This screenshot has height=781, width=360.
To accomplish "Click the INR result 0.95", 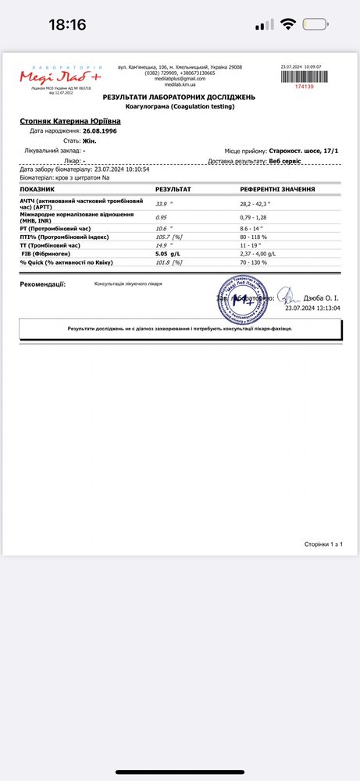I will (161, 217).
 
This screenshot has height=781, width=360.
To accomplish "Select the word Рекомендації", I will (43, 284).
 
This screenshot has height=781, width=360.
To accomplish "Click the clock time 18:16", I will (67, 24).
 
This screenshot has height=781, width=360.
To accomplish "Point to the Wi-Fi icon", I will (289, 24).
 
